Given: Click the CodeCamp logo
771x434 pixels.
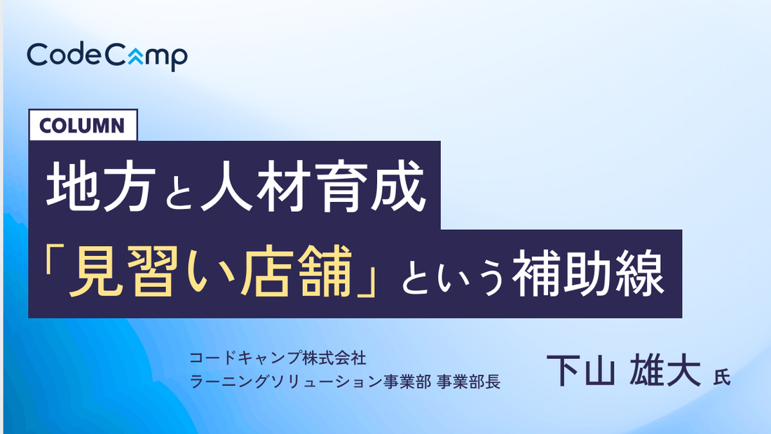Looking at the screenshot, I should pyautogui.click(x=107, y=55).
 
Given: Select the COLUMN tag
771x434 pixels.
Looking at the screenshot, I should pyautogui.click(x=83, y=126).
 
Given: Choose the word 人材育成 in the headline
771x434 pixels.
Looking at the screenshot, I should pyautogui.click(x=312, y=188).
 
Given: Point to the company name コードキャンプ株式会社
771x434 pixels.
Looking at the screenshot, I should pyautogui.click(x=278, y=358).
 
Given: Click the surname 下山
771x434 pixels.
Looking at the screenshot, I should pyautogui.click(x=580, y=370).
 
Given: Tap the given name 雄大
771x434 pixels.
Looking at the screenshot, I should pyautogui.click(x=666, y=370).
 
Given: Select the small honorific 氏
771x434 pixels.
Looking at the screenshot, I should pyautogui.click(x=721, y=377).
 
